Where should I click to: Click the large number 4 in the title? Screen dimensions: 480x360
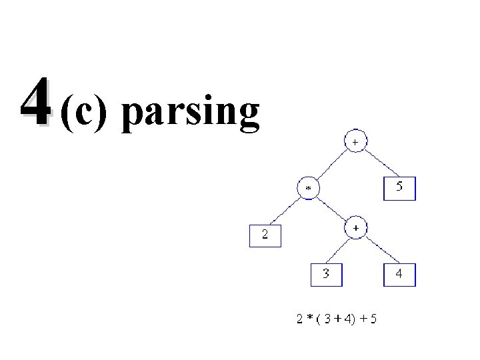tap(34, 102)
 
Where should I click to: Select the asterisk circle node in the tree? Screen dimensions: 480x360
tap(308, 189)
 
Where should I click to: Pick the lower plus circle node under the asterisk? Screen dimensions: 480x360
tap(355, 228)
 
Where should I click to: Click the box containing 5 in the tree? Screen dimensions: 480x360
tap(399, 188)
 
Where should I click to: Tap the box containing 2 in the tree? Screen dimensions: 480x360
tap(265, 235)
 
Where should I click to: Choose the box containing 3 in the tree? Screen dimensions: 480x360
tap(325, 273)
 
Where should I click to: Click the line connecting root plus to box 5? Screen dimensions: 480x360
tap(379, 163)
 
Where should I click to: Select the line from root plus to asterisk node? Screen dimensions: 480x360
tap(332, 165)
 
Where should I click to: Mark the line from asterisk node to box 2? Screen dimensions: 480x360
tap(285, 210)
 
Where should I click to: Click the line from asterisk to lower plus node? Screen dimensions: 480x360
tap(332, 209)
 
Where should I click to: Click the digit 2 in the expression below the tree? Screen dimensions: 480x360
tap(299, 319)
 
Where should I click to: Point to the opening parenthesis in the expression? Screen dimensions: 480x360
tap(319, 319)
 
